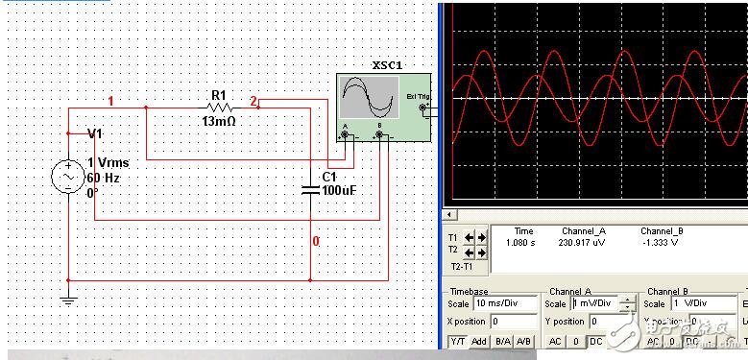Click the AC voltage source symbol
[x=69, y=178]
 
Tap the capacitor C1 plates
[x=310, y=187]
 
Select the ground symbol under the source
[x=68, y=300]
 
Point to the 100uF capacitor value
[x=339, y=191]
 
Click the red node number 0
[x=315, y=241]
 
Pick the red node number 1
[x=110, y=101]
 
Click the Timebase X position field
[x=514, y=321]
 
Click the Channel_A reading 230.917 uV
[x=583, y=242]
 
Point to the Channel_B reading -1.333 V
[x=662, y=242]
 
